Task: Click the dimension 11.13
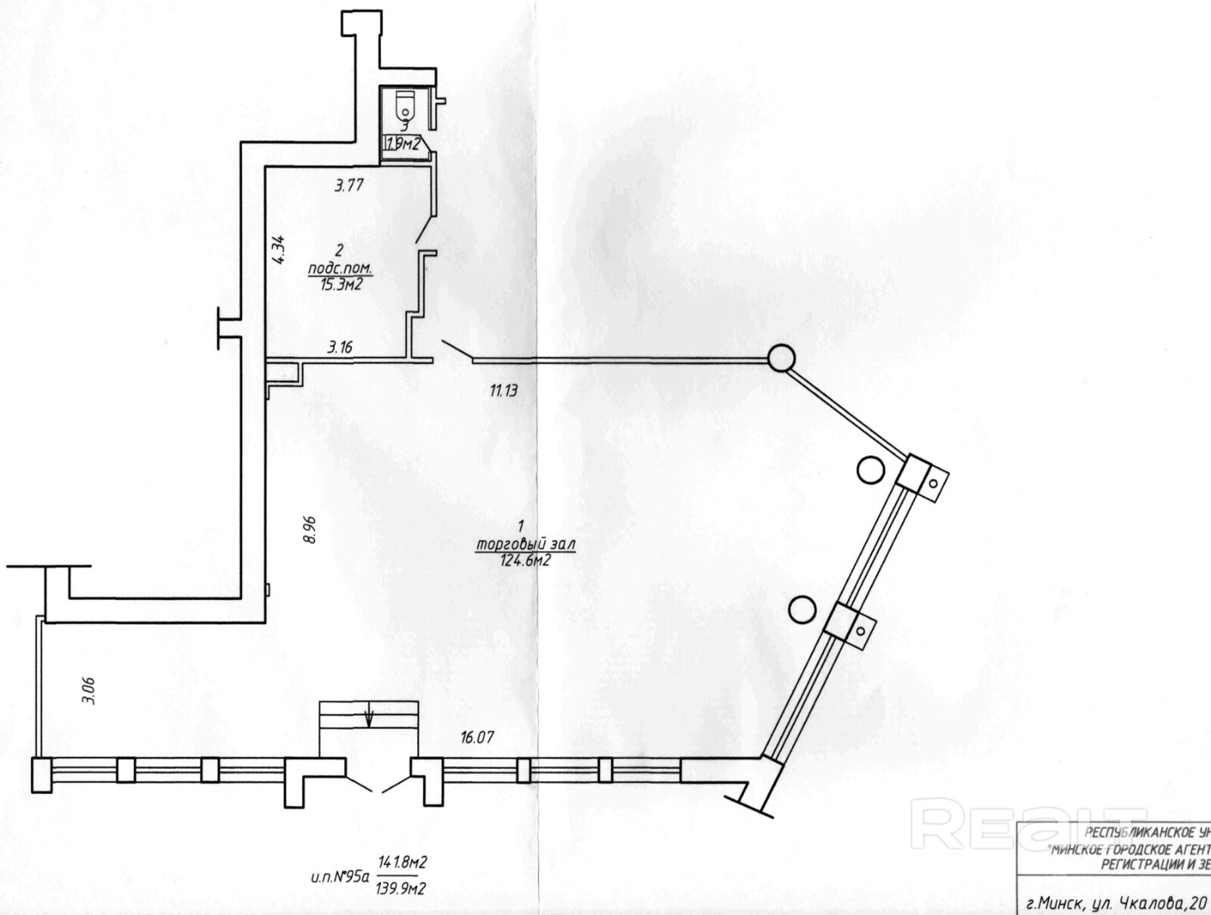[x=503, y=391]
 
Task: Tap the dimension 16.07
[x=477, y=736]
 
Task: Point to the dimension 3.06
[x=89, y=690]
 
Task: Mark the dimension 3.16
[x=340, y=348]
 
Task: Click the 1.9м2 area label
[x=403, y=145]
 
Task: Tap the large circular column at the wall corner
[x=782, y=357]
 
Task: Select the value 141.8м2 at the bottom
[x=406, y=862]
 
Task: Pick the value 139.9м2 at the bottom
[x=406, y=887]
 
